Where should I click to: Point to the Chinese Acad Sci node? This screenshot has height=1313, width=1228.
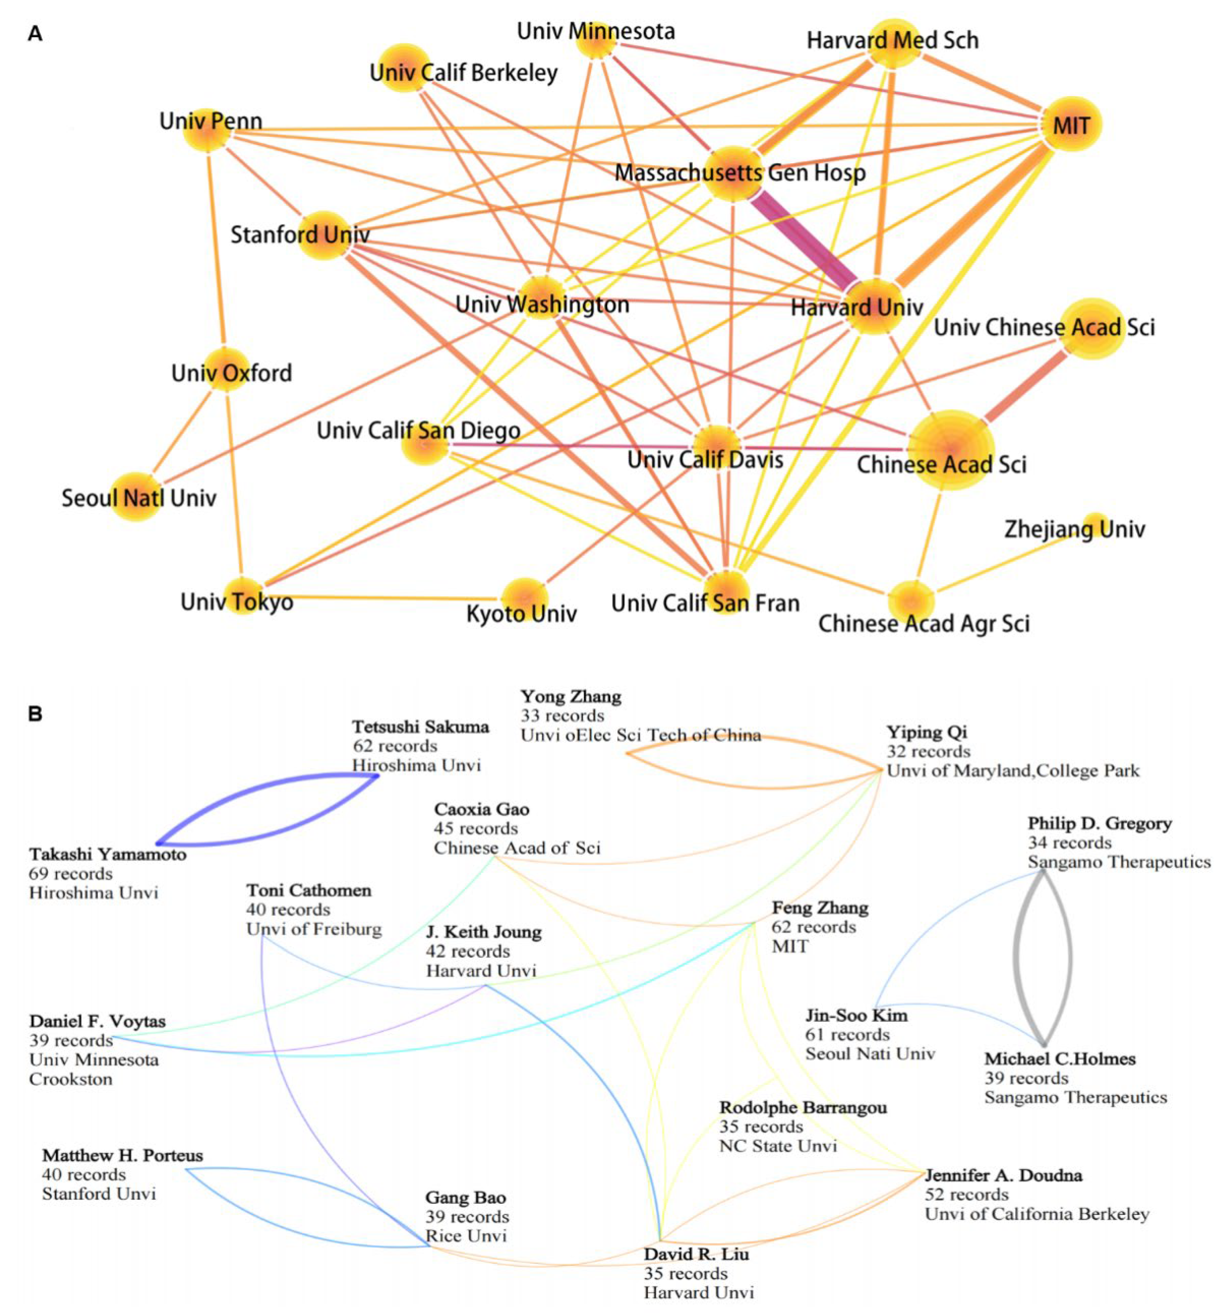tap(951, 450)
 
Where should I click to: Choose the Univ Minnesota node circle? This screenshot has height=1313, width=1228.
tap(596, 40)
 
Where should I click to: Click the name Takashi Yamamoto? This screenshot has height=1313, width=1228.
tap(108, 854)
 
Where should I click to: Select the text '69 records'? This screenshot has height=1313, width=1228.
tap(71, 874)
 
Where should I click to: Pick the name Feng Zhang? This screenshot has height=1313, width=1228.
tap(820, 907)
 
